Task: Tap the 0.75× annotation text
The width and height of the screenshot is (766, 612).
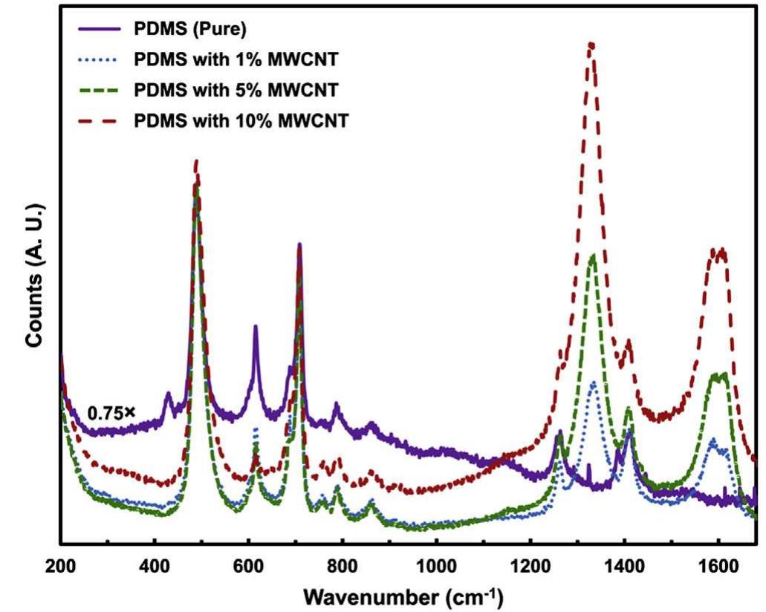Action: click(106, 412)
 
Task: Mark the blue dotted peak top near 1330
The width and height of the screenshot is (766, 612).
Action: click(593, 382)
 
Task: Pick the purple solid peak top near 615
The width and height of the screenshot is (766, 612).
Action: click(255, 326)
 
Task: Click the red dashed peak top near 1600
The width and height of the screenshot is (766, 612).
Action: click(718, 250)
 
